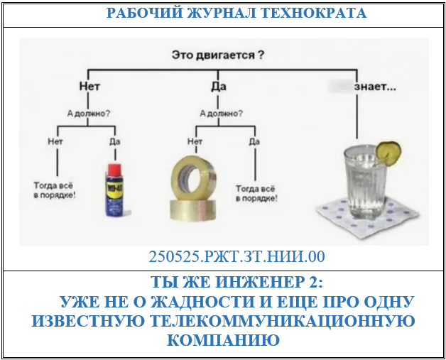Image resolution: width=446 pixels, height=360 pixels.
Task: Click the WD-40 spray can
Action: coord(113,190)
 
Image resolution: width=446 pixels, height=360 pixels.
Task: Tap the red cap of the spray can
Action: coord(113,168)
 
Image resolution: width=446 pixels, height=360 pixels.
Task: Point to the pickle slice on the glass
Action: coord(388,151)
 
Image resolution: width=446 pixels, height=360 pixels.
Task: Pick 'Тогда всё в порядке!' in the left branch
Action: coord(55,190)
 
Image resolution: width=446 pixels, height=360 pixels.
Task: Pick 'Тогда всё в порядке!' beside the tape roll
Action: coord(256,194)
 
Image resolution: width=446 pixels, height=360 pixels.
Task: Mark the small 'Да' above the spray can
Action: coord(114,141)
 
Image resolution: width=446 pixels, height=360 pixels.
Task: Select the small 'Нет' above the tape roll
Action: coord(194,141)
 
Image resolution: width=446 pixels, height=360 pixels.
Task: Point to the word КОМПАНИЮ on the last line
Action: coord(223,341)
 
